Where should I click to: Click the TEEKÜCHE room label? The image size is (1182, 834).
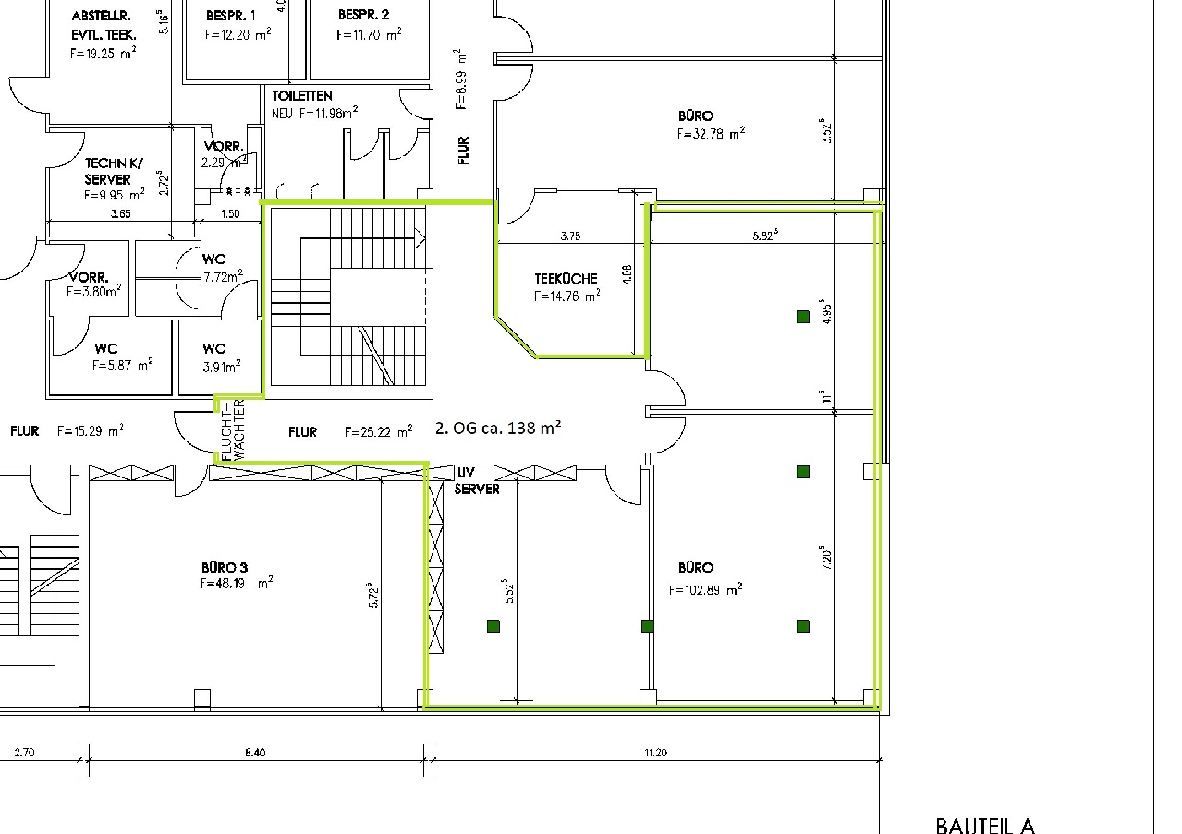566,278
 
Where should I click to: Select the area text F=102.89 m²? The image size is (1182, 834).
706,589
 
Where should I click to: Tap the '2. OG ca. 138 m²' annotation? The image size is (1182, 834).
497,428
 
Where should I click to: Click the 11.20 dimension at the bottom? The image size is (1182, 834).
654,753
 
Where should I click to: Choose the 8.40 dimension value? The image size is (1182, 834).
255,753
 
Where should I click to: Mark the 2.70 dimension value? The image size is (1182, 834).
24,753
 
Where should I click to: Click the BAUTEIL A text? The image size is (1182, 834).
984,825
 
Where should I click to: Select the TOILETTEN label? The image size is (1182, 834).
302,96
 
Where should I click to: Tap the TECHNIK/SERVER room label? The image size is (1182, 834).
108,171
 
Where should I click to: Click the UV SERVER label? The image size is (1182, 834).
476,480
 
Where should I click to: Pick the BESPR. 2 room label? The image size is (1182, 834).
363,16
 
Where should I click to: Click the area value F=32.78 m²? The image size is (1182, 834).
711,133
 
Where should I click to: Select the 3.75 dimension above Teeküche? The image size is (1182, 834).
570,236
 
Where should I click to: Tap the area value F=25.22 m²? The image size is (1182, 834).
378,432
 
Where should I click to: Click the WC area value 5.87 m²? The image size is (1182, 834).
122,366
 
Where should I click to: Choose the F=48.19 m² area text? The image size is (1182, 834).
236,584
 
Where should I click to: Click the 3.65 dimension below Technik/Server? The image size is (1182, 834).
121,213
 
